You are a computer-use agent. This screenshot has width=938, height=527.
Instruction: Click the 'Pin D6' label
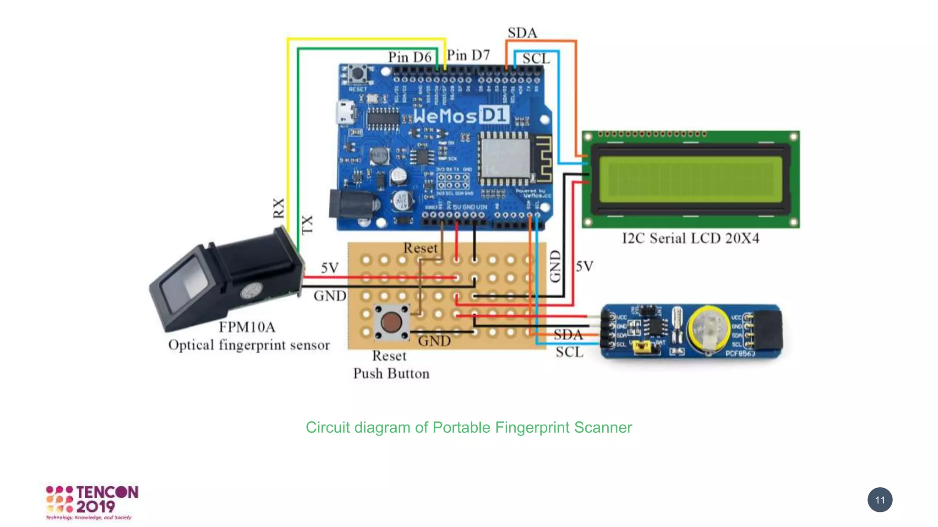(x=409, y=57)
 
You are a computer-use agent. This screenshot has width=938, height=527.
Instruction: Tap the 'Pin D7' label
(x=468, y=55)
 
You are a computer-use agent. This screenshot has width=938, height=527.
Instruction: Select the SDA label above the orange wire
(x=522, y=33)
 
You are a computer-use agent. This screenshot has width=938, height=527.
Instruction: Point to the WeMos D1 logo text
(x=460, y=115)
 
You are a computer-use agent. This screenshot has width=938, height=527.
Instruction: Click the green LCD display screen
(x=690, y=179)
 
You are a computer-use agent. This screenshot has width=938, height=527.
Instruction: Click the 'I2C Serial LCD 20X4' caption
(x=690, y=238)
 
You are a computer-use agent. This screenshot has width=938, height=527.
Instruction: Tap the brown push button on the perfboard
(x=391, y=323)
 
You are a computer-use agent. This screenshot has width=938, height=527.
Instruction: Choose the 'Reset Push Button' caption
(x=391, y=365)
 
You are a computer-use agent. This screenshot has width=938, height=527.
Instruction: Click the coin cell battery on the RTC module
(x=709, y=328)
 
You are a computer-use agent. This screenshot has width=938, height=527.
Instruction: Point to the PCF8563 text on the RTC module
(x=740, y=353)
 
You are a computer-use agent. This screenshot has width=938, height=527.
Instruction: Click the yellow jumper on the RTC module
(x=643, y=348)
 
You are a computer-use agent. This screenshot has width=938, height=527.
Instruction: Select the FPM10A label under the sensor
(x=247, y=327)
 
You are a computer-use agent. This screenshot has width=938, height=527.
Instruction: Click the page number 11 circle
(x=879, y=500)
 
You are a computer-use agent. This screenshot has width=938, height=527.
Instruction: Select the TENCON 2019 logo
(x=92, y=502)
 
